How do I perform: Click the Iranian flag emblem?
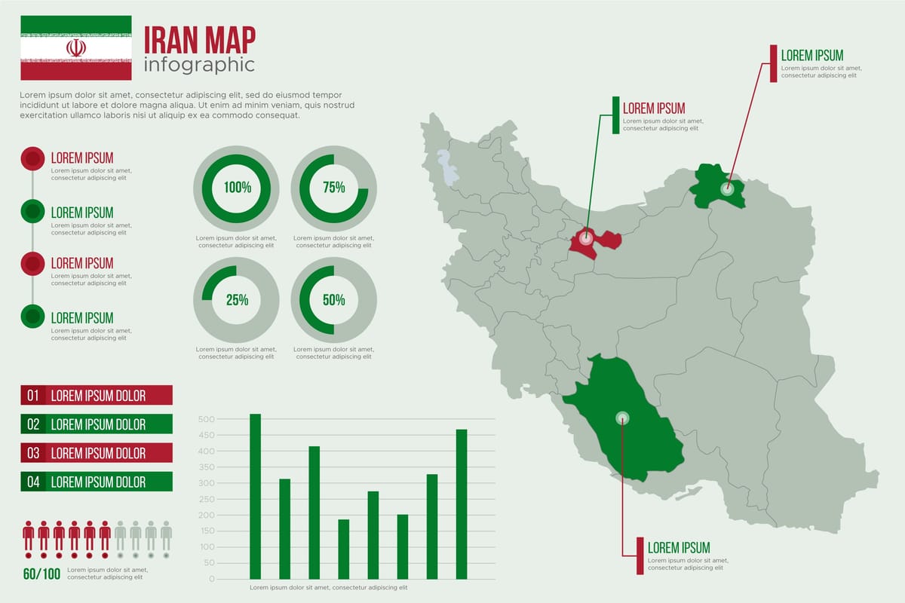75,48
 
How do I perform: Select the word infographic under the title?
199,65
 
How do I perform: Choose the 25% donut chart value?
237,300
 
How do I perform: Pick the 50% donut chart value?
333,300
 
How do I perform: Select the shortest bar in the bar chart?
343,549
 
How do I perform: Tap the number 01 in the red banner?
33,395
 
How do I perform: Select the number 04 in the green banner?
33,482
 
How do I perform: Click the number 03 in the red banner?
33,453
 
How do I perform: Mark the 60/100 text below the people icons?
41,574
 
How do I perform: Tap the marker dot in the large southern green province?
622,418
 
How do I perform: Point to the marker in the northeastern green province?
726,189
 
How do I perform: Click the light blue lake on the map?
449,167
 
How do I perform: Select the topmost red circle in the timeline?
32,158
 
